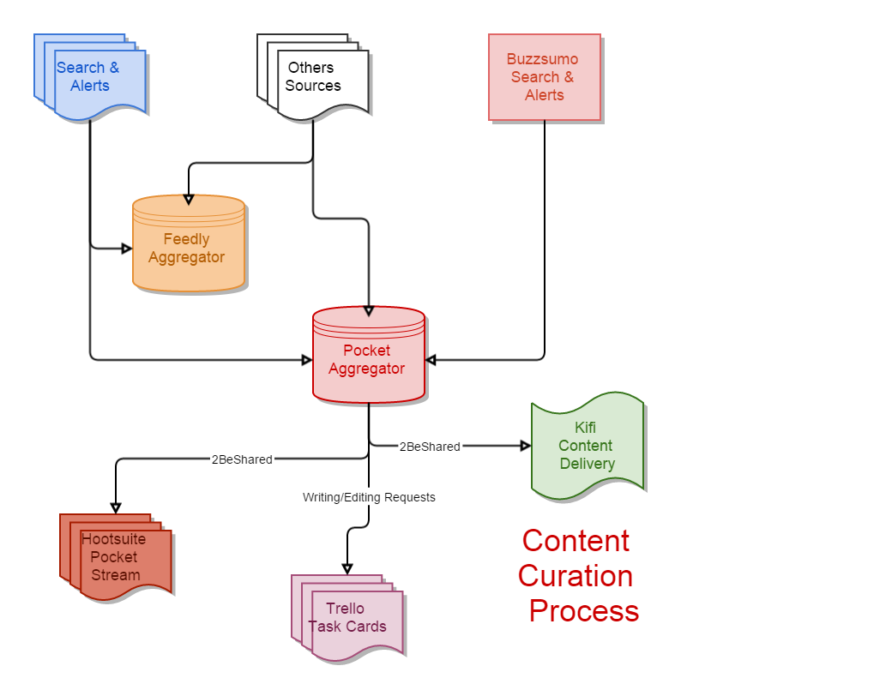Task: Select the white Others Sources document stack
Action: click(x=313, y=76)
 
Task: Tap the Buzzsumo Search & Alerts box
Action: click(x=544, y=77)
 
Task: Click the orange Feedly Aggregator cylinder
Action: click(x=188, y=247)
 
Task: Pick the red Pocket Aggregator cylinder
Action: click(x=368, y=358)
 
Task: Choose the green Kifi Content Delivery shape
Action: click(x=587, y=446)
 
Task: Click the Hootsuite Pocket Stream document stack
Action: click(x=115, y=557)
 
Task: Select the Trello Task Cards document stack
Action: click(x=347, y=617)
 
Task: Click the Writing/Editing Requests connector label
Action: click(x=369, y=497)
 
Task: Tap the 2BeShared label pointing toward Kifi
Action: click(x=429, y=447)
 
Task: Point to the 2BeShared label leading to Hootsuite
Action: click(x=241, y=459)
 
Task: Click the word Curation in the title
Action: click(x=576, y=576)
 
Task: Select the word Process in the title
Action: click(x=583, y=611)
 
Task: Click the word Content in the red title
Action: click(x=576, y=541)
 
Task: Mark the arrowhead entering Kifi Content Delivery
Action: click(x=526, y=446)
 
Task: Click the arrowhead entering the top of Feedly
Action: click(x=189, y=199)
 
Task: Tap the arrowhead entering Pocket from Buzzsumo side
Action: click(x=431, y=360)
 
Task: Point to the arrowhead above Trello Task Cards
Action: click(x=347, y=568)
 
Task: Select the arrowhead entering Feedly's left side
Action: click(x=127, y=249)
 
